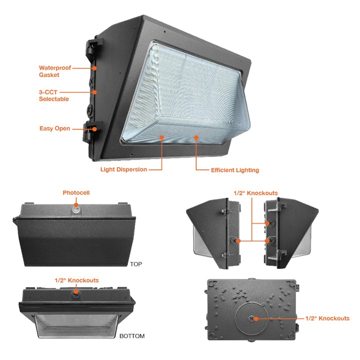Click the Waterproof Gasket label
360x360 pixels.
click(x=55, y=71)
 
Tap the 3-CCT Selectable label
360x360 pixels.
click(x=53, y=95)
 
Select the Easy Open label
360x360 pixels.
click(x=54, y=128)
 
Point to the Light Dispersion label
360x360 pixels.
click(x=123, y=169)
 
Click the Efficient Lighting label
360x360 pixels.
click(x=235, y=170)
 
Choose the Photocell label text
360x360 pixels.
click(x=76, y=192)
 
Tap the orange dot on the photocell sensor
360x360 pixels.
click(x=76, y=205)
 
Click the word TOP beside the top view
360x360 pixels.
click(x=136, y=264)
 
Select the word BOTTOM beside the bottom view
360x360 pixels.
click(x=132, y=336)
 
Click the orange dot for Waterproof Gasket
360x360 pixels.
click(x=94, y=68)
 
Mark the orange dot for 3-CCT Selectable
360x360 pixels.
click(x=94, y=92)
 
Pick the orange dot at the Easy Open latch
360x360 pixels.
click(x=94, y=129)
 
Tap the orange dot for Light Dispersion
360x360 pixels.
click(x=162, y=137)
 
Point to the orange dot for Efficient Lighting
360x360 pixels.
click(x=196, y=137)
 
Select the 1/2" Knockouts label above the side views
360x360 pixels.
click(x=256, y=193)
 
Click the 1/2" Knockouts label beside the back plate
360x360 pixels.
click(x=327, y=318)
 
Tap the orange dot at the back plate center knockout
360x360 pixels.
click(x=256, y=318)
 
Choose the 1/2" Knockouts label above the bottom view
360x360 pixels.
click(x=76, y=280)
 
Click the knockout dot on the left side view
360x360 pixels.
click(x=238, y=241)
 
